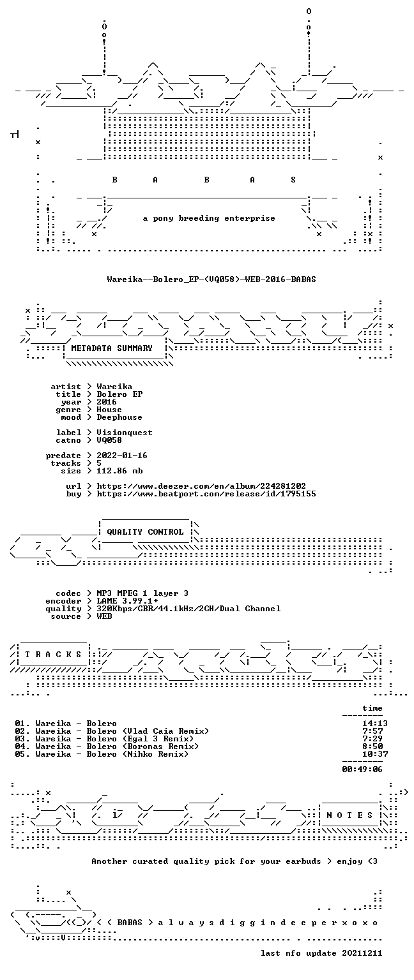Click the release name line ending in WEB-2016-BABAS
coord(211,279)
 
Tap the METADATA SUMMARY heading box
coord(112,348)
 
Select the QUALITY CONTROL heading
coord(145,532)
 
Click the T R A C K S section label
coord(53,655)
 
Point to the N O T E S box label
coord(350,815)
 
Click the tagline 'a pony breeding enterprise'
coord(209,218)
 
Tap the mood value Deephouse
coord(119,417)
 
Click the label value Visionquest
coord(125,433)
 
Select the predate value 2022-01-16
coord(122,456)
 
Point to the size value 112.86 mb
coord(119,471)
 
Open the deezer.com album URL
coord(201,486)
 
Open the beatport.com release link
coord(206,494)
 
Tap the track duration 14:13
coord(375,724)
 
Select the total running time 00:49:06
coord(362,769)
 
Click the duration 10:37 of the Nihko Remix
coord(375,754)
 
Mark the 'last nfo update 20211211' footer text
coord(321,953)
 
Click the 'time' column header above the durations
coord(372,708)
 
